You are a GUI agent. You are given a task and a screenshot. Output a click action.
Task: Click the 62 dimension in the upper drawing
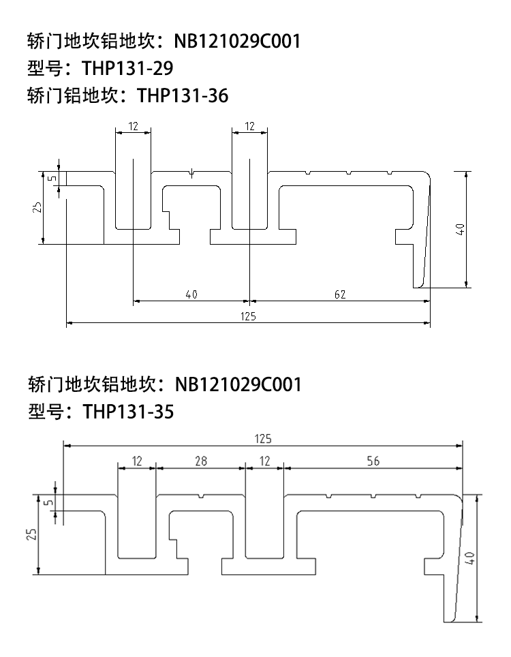pos(340,294)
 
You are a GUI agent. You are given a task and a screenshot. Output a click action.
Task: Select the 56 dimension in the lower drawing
pos(373,461)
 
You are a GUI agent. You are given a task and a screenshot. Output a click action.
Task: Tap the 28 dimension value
pos(201,461)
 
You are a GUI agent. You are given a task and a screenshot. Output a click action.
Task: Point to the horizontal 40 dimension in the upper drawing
pos(191,294)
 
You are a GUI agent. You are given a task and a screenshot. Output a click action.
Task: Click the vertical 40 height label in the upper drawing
pos(460,230)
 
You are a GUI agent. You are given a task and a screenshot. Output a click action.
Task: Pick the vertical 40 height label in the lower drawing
pos(470,558)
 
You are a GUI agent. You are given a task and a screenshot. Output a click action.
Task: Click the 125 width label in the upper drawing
pos(249,316)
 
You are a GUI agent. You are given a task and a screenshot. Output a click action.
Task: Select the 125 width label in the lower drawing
pos(263,439)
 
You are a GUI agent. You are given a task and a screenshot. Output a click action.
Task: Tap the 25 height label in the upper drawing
pos(37,207)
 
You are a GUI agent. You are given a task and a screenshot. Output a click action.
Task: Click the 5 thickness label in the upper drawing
pos(52,179)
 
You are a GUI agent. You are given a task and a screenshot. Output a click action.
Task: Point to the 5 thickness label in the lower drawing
pos(49,502)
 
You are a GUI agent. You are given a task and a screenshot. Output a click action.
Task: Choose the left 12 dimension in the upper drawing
pos(133,126)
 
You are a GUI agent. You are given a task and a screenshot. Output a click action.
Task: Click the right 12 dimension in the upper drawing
pos(249,126)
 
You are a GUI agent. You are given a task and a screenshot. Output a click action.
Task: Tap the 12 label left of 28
pos(137,461)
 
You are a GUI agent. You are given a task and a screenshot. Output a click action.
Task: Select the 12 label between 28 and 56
pos(265,461)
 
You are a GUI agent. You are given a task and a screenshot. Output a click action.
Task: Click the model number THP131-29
pos(127,68)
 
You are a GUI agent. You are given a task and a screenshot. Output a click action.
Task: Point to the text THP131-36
pos(183,95)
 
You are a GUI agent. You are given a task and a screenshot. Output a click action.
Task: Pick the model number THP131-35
pos(128,412)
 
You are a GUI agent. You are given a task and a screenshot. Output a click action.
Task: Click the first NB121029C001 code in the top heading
pos(238,41)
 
